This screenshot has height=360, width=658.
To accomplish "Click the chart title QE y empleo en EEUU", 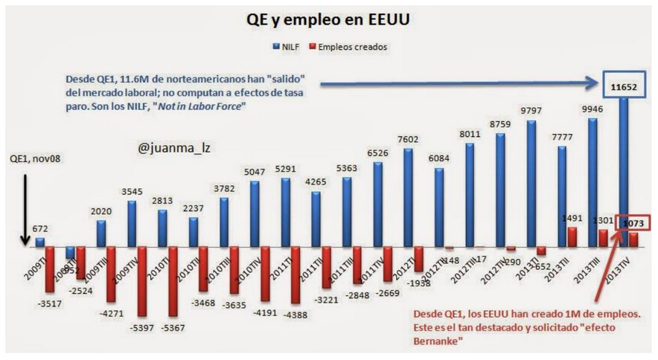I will [329, 20].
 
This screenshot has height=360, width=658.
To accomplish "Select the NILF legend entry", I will [287, 47].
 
